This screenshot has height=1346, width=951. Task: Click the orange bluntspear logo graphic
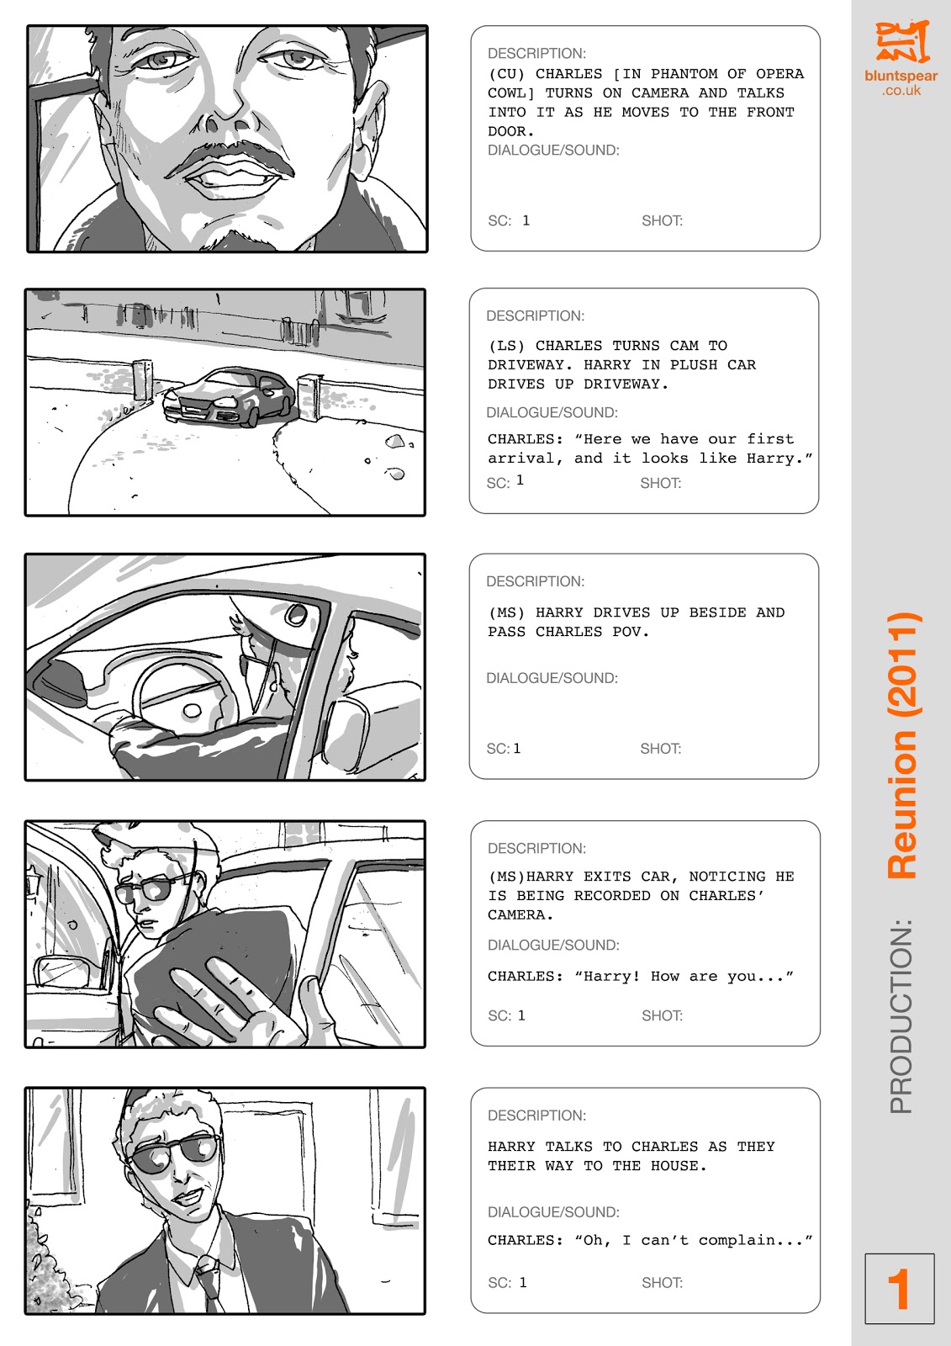(x=901, y=41)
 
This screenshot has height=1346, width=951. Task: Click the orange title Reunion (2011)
(x=903, y=745)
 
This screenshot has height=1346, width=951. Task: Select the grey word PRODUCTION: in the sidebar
(x=901, y=1015)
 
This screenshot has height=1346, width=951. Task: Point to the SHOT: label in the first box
(x=662, y=220)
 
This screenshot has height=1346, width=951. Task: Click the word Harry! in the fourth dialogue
(x=611, y=976)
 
